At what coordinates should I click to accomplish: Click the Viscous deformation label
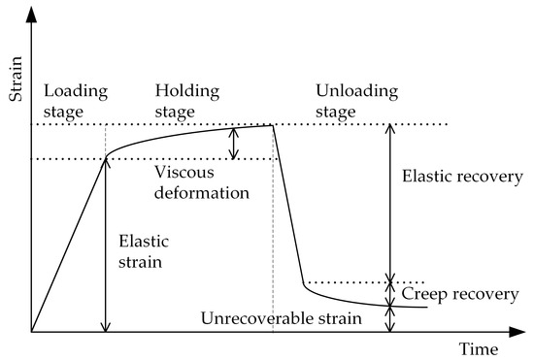(x=201, y=182)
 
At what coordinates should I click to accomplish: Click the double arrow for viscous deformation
(x=233, y=144)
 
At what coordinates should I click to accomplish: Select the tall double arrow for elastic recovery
(x=391, y=202)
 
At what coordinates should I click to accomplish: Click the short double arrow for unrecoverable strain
(x=391, y=319)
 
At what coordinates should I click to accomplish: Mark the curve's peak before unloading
(x=272, y=125)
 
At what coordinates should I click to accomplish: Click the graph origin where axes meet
(x=31, y=332)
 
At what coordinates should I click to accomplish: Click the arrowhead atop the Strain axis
(x=31, y=12)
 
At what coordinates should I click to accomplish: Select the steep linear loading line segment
(x=68, y=245)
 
